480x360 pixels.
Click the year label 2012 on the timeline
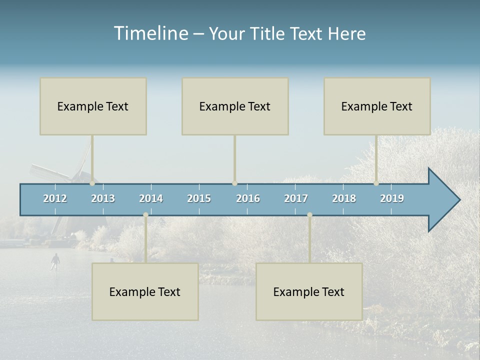(x=55, y=198)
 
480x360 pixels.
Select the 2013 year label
(x=103, y=198)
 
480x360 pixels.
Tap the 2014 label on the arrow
(x=151, y=198)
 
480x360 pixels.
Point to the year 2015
(x=199, y=198)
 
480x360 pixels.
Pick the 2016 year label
(x=248, y=198)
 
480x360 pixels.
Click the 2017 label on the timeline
(x=296, y=198)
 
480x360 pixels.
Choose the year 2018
(x=344, y=198)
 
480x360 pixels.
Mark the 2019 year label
(x=392, y=198)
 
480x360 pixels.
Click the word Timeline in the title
(x=150, y=33)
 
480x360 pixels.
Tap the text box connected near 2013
(x=93, y=106)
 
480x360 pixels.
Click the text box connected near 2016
(x=235, y=106)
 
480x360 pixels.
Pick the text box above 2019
(x=377, y=106)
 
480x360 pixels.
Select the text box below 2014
(x=145, y=291)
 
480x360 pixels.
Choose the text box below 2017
(x=309, y=291)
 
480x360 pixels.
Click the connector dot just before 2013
(x=92, y=183)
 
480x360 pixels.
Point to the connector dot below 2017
(x=309, y=215)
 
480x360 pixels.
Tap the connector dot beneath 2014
(x=145, y=215)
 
